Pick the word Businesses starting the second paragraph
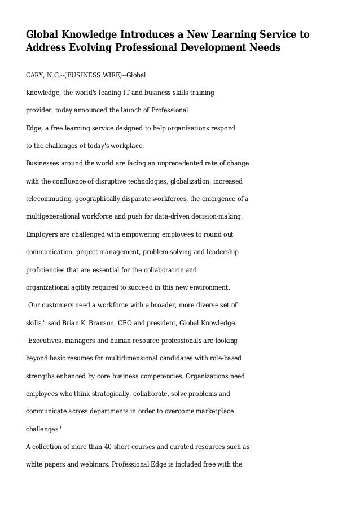pyautogui.click(x=46, y=164)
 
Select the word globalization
pyautogui.click(x=178, y=182)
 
